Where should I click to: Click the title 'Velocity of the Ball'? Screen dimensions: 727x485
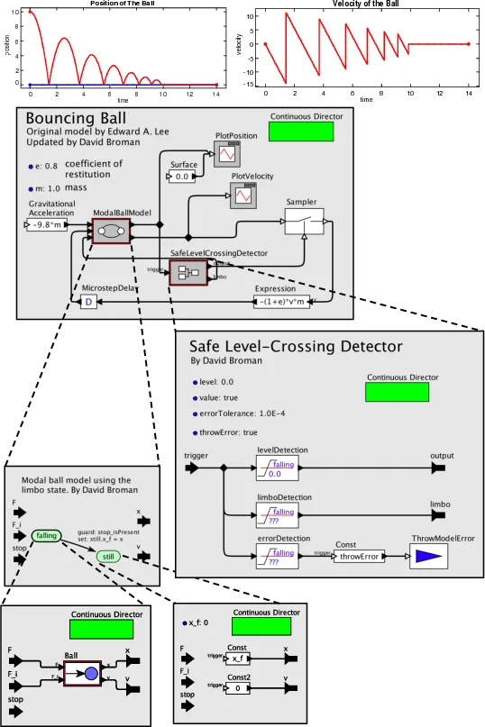click(x=366, y=4)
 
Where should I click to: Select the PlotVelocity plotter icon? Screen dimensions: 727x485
click(x=242, y=194)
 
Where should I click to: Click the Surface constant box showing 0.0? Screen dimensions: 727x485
click(x=183, y=177)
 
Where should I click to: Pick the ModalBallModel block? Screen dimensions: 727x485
click(x=112, y=232)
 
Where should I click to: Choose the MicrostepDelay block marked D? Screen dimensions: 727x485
click(x=88, y=303)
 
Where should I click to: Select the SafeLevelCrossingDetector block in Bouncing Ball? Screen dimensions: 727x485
click(x=188, y=272)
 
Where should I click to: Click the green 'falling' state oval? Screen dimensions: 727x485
click(x=46, y=536)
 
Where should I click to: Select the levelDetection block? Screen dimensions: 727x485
click(x=276, y=468)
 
